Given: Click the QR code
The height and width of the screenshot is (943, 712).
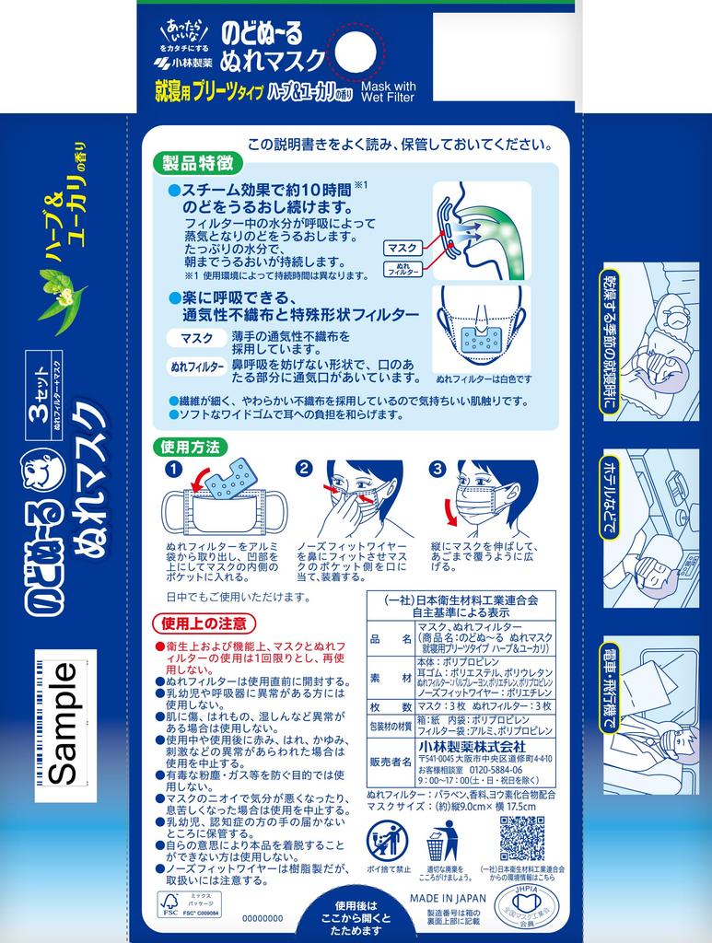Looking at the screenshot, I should click(521, 837).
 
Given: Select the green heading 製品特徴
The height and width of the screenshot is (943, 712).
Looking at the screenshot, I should click(190, 164).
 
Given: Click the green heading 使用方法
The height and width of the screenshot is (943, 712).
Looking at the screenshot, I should click(191, 448).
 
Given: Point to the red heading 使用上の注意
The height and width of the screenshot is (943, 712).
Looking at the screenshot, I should click(204, 623).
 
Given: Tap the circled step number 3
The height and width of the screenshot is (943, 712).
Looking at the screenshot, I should click(438, 469).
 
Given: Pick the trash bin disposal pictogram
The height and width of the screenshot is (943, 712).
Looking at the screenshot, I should click(441, 839).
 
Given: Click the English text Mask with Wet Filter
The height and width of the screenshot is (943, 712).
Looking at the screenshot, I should click(389, 90).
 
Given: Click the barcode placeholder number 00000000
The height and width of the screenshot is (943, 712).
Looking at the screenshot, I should click(263, 919).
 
